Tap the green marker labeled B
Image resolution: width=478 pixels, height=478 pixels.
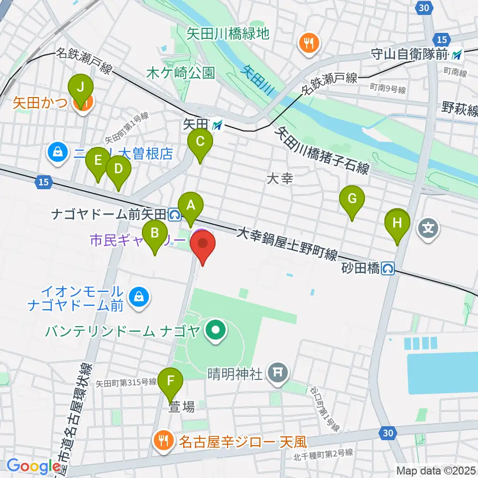point(155,233)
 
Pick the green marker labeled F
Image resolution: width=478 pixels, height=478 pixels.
point(171,382)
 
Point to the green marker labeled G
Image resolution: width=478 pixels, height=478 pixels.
point(352,199)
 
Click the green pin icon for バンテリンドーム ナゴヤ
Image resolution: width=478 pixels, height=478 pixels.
point(216,330)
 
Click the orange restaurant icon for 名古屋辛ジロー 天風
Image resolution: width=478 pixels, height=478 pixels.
point(163,440)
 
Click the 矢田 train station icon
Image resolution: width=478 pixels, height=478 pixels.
point(218,126)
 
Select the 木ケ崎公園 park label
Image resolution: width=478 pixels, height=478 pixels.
point(181,73)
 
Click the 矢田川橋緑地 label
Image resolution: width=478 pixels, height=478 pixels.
point(228,33)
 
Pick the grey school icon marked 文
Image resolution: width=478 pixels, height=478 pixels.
point(429,229)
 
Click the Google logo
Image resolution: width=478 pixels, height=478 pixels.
point(33,466)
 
